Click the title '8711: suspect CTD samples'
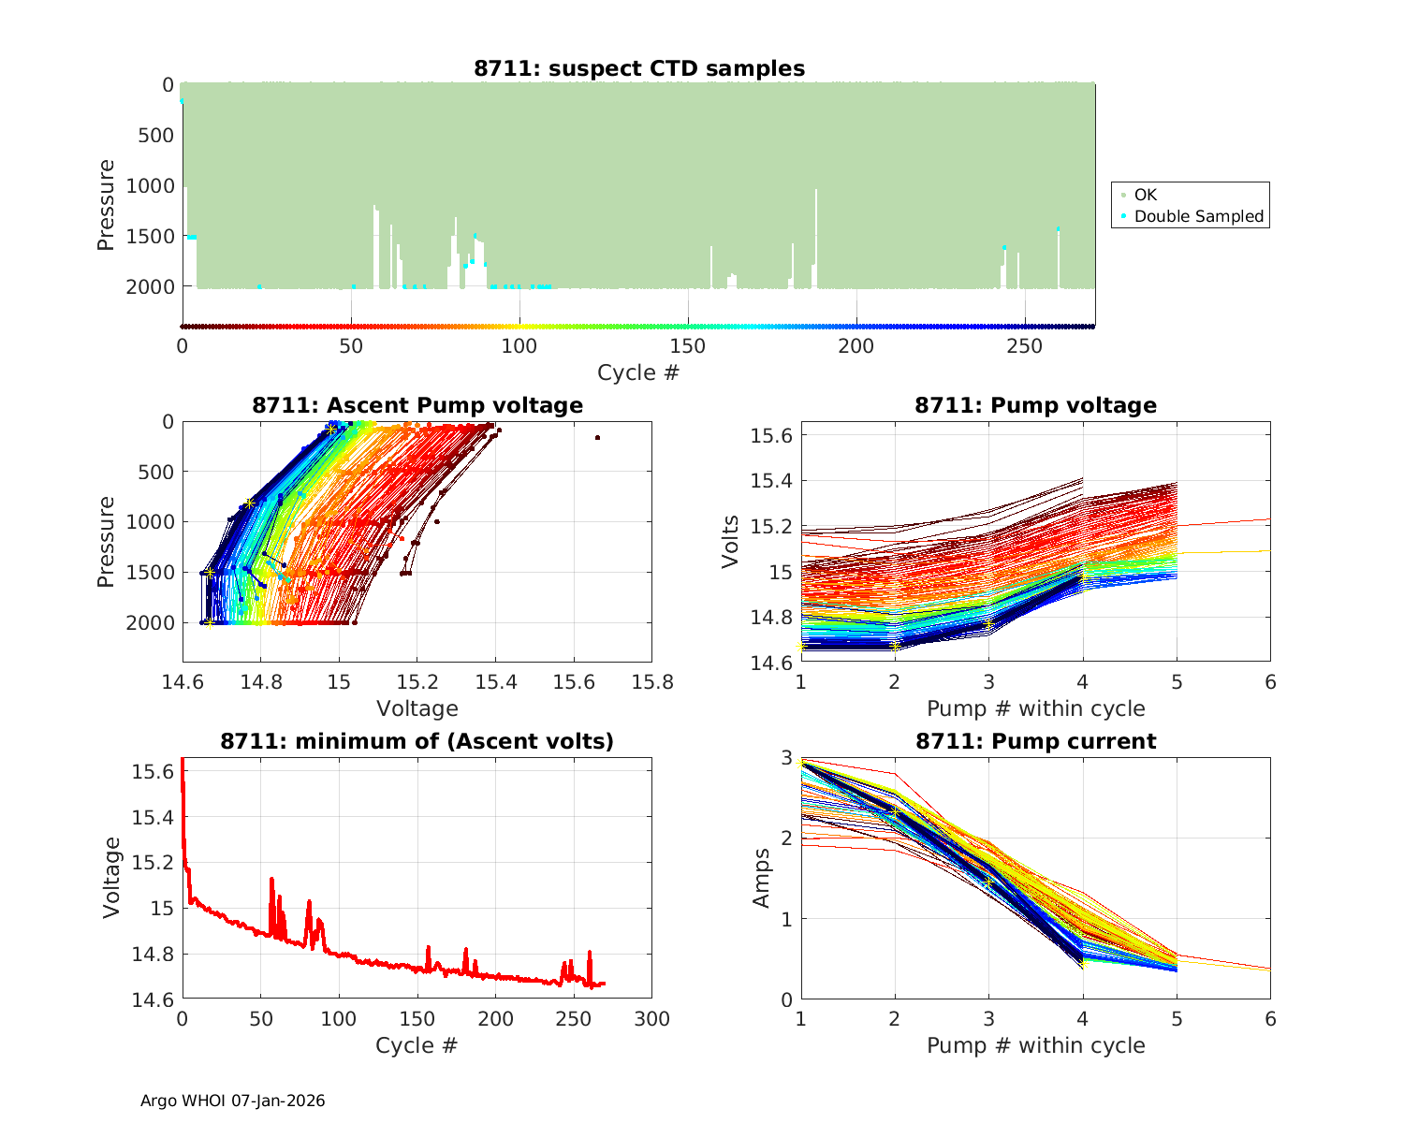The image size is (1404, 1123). tap(639, 68)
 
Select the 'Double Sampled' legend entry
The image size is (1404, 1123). tap(1198, 216)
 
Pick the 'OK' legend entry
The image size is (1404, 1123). tap(1145, 195)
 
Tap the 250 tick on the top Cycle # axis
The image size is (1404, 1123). tap(1025, 346)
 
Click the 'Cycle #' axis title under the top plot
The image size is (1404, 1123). tap(638, 372)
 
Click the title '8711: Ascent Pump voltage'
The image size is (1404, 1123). tap(417, 405)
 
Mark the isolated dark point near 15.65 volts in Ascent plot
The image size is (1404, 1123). tap(597, 437)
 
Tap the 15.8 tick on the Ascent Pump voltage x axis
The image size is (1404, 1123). tap(651, 682)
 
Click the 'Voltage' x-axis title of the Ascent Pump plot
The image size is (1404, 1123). tap(417, 708)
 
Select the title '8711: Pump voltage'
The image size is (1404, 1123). tap(1035, 405)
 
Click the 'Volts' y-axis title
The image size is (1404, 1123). tap(731, 541)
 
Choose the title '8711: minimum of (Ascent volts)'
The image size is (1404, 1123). tap(417, 742)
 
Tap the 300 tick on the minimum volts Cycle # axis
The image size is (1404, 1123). tap(651, 1019)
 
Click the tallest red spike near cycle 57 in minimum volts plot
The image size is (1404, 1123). tap(271, 880)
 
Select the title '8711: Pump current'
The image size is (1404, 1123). tap(1035, 742)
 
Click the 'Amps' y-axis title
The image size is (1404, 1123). tap(762, 878)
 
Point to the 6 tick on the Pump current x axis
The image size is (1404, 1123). tap(1270, 1019)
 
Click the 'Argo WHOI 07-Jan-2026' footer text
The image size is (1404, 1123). tap(232, 1101)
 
